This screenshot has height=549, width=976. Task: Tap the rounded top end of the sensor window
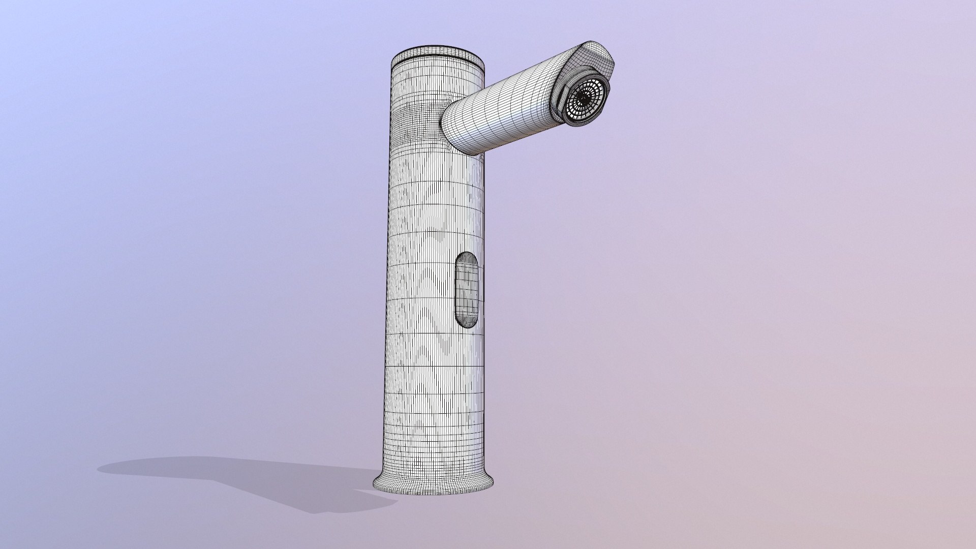point(467,256)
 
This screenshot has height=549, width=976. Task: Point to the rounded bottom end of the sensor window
point(467,323)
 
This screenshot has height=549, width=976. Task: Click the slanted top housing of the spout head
point(592,51)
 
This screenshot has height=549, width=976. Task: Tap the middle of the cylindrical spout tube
point(503,114)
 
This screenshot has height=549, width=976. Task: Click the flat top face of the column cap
point(437,54)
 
